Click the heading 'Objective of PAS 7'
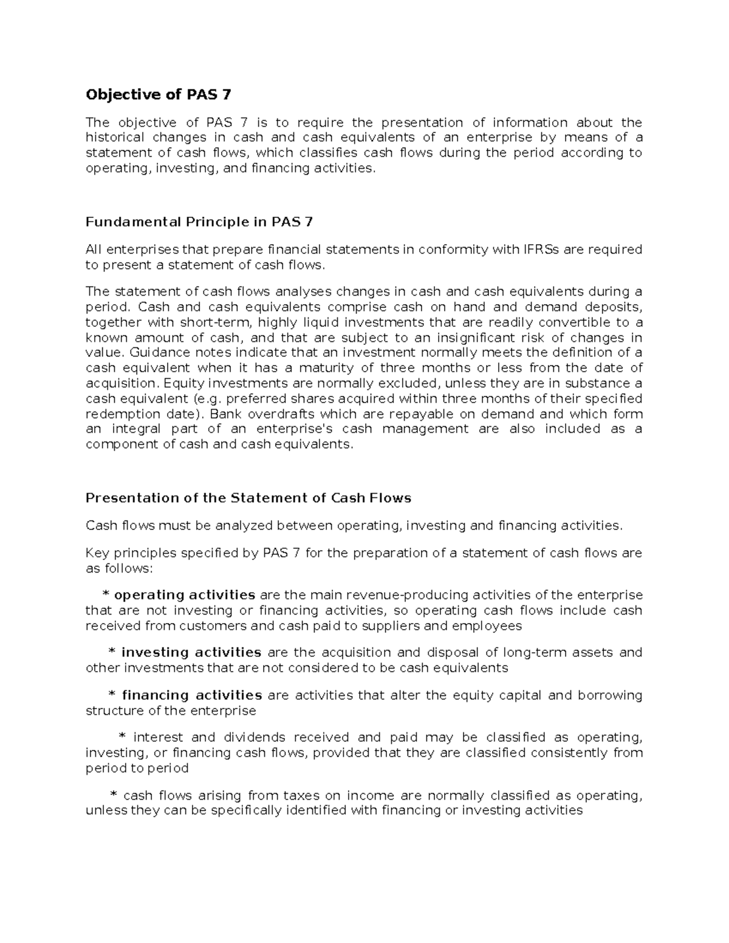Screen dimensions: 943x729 pos(159,95)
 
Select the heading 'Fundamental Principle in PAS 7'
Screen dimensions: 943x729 pos(199,222)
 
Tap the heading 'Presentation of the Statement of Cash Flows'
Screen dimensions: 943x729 pos(248,499)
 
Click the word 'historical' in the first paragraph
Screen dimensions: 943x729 pos(115,138)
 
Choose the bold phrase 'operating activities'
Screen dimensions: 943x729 pos(185,594)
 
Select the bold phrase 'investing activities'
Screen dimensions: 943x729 pos(191,653)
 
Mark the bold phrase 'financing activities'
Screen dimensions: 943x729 pos(192,695)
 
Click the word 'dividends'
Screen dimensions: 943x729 pos(255,738)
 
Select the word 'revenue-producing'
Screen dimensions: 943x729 pos(416,595)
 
